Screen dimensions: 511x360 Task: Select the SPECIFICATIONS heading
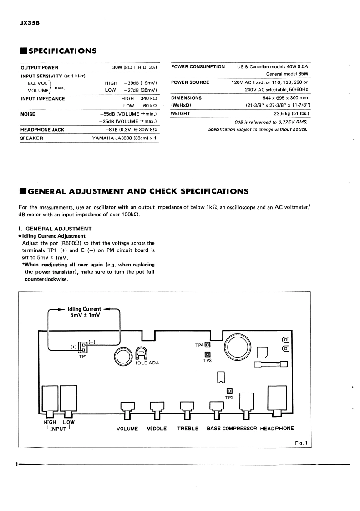point(61,51)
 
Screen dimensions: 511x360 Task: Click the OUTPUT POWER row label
point(40,67)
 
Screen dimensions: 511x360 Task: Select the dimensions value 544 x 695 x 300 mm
point(279,98)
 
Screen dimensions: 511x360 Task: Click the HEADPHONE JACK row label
point(42,130)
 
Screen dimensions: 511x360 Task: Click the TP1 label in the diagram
point(83,357)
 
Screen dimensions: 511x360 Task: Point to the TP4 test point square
point(207,345)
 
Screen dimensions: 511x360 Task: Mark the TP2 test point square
point(229,391)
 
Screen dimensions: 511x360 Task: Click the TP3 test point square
point(208,354)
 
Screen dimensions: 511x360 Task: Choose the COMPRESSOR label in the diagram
point(240,429)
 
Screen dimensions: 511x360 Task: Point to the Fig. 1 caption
point(301,443)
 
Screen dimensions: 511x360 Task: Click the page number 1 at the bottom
point(16,465)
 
